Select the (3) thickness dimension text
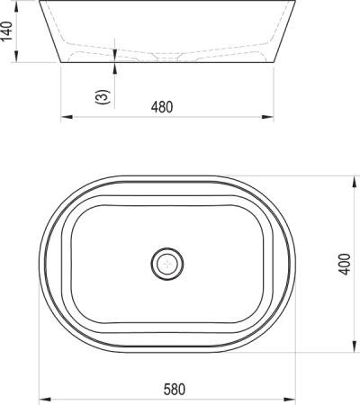103,95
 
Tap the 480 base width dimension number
161,107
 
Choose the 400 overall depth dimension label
345,263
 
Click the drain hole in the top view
167,263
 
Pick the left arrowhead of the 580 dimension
46,398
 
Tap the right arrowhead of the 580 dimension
293,398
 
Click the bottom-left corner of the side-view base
62,63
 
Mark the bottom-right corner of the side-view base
274,63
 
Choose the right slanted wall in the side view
285,31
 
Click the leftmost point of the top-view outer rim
41,263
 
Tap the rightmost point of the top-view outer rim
295,263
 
